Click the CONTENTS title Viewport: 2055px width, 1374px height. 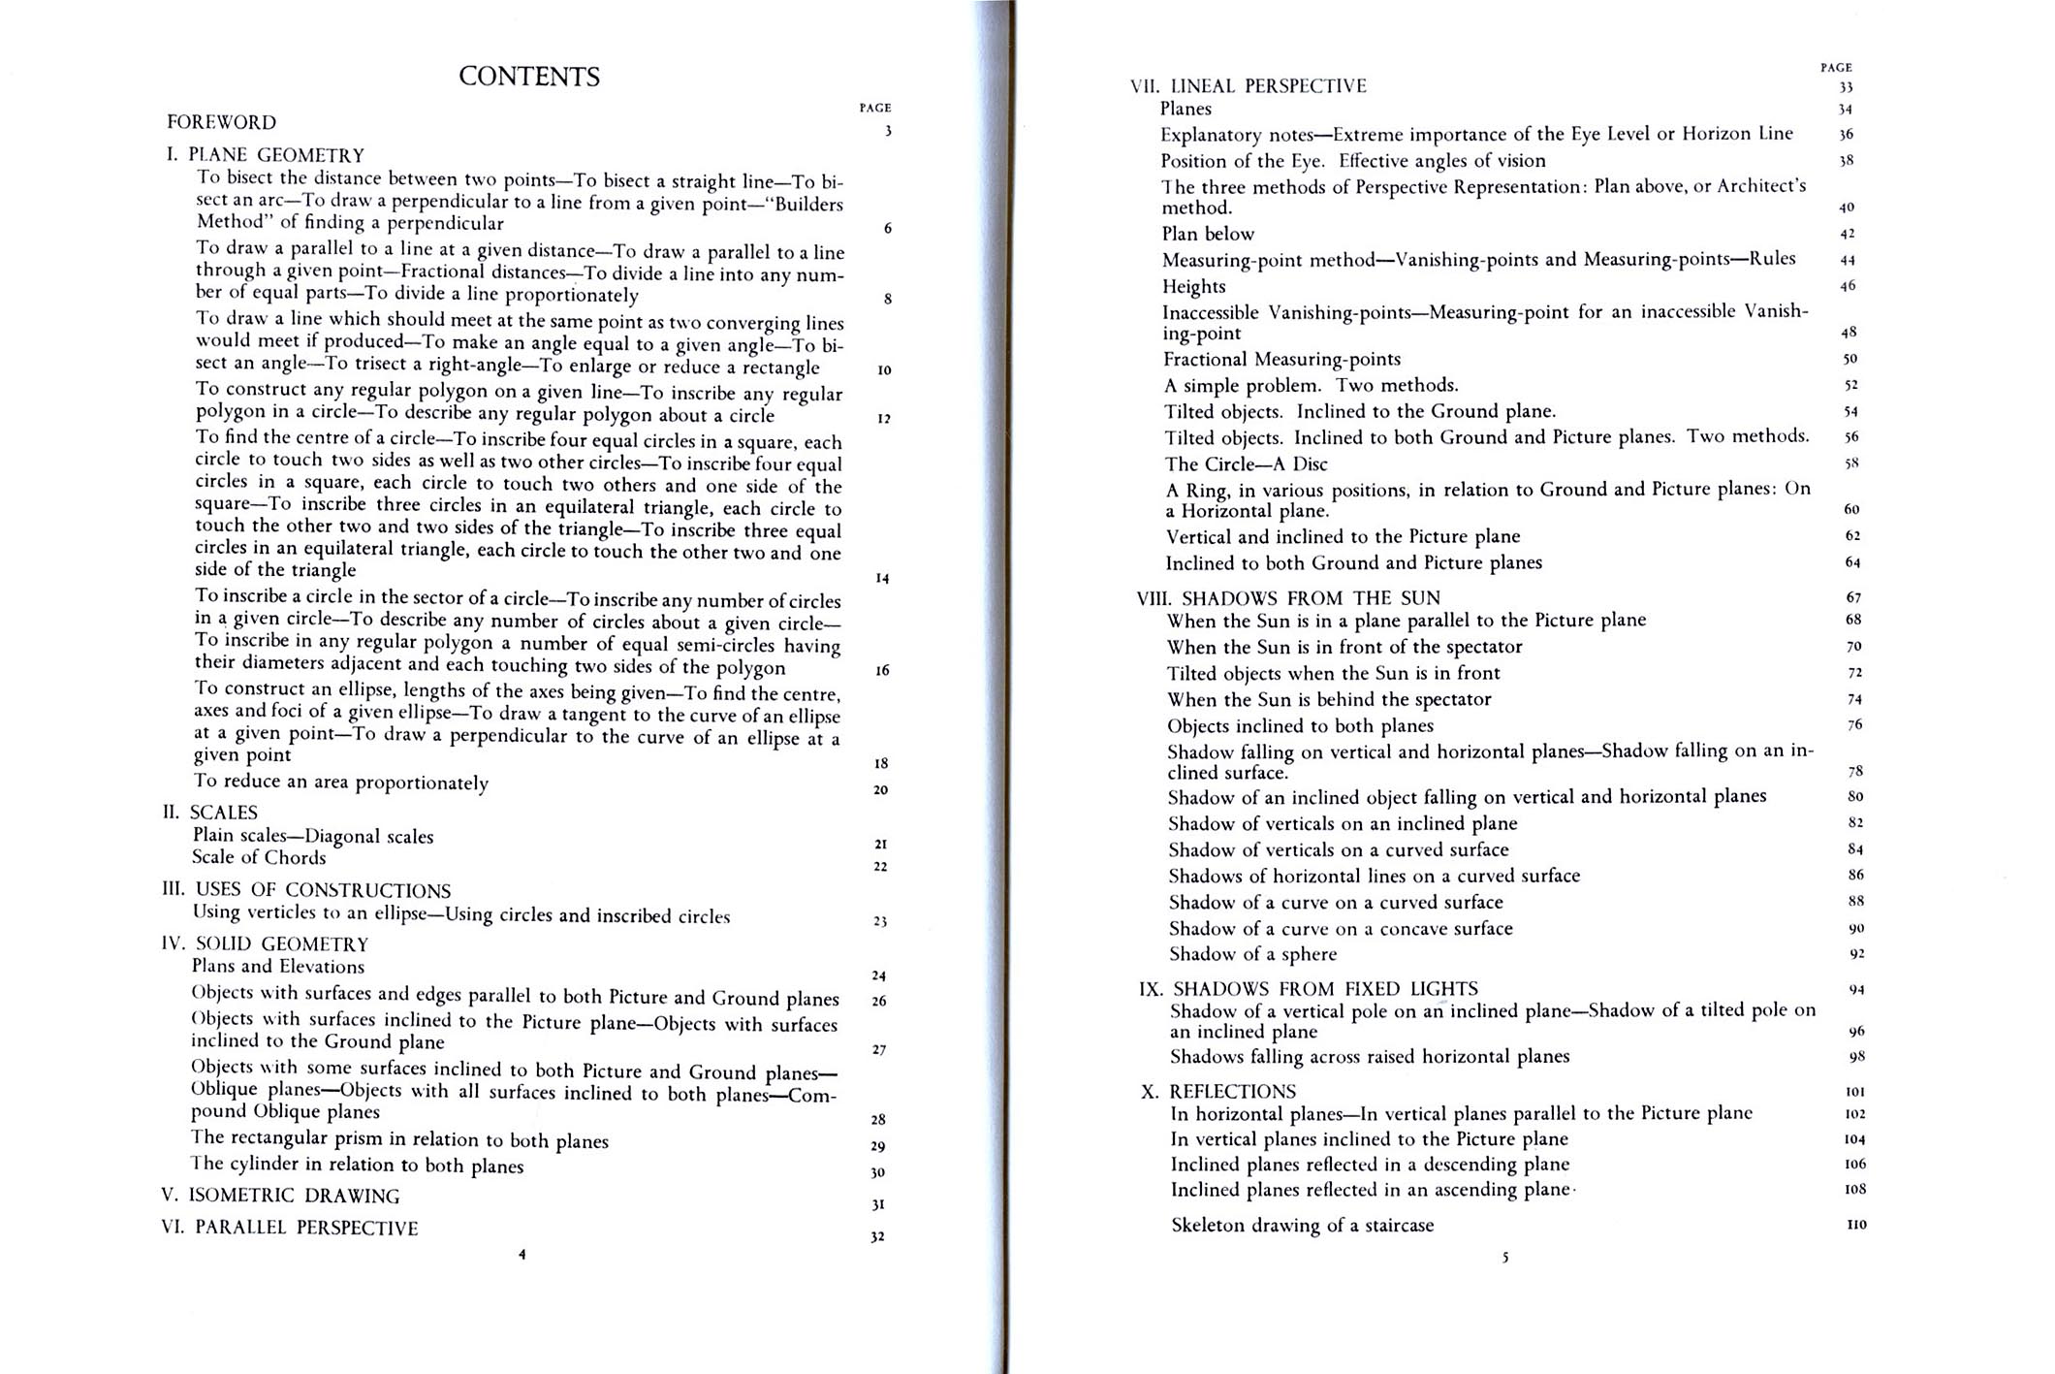[529, 77]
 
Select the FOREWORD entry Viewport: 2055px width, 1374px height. [222, 122]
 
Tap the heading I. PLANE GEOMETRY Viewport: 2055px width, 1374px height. [267, 155]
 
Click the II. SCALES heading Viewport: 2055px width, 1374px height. [210, 813]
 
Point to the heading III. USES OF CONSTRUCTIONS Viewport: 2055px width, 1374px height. [306, 890]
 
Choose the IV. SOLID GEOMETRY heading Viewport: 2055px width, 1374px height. [266, 943]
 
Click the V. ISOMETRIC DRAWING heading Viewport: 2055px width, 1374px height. [280, 1196]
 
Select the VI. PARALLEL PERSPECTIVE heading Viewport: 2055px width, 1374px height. [290, 1228]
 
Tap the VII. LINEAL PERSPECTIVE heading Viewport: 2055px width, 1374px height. [1249, 86]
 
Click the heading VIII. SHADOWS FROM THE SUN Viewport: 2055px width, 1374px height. [1289, 598]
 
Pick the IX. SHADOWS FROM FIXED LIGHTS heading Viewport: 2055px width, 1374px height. [1309, 989]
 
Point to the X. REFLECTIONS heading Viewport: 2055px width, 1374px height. [1218, 1092]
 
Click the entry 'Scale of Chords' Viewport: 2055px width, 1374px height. [259, 857]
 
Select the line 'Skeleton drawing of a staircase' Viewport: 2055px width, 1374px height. [1302, 1226]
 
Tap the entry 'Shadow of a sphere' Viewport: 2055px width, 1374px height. [1252, 954]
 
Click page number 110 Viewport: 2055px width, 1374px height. [1855, 1225]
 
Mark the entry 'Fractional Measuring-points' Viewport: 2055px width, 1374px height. [1281, 360]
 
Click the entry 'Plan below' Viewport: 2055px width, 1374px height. [1208, 234]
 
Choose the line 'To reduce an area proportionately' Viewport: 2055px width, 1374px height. [341, 782]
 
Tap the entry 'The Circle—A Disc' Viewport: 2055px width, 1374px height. [1246, 464]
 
